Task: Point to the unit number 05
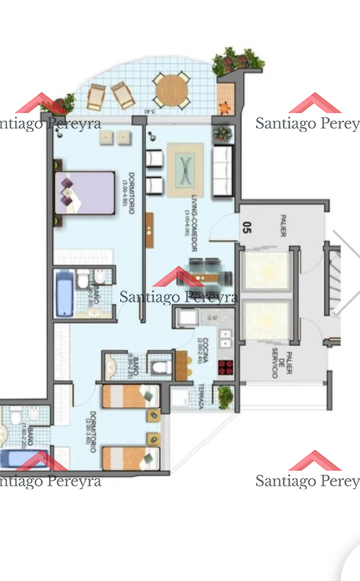[x=246, y=227]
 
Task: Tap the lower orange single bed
[x=130, y=458]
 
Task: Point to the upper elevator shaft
[x=266, y=270]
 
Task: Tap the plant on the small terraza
[x=225, y=397]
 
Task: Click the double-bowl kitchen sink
[x=225, y=339]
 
